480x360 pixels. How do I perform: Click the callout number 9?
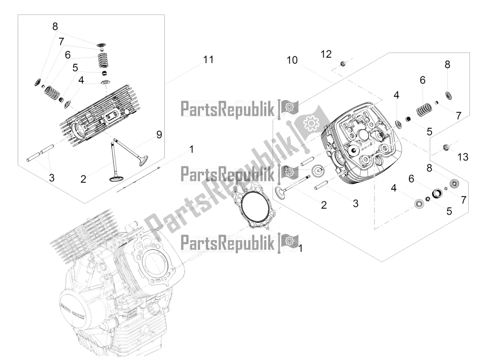click(x=159, y=135)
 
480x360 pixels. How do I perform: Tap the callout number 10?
click(x=292, y=60)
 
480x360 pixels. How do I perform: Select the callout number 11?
click(x=208, y=60)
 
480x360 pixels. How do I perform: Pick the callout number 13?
click(x=463, y=157)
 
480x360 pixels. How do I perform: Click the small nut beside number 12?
click(x=344, y=64)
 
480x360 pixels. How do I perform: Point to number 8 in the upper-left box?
click(x=55, y=26)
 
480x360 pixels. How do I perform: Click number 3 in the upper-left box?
click(x=52, y=178)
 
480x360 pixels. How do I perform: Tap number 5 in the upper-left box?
click(x=75, y=67)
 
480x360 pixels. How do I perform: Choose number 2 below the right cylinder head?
click(x=324, y=205)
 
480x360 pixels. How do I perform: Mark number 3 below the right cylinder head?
click(x=355, y=203)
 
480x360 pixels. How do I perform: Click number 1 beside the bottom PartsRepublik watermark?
click(x=301, y=248)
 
